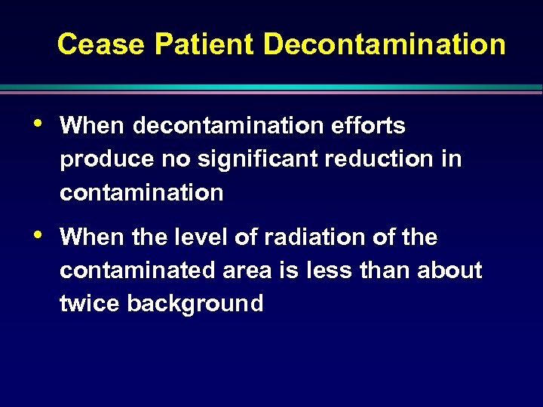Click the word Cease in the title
101,44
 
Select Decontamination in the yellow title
384,44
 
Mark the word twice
90,304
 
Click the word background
195,304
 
